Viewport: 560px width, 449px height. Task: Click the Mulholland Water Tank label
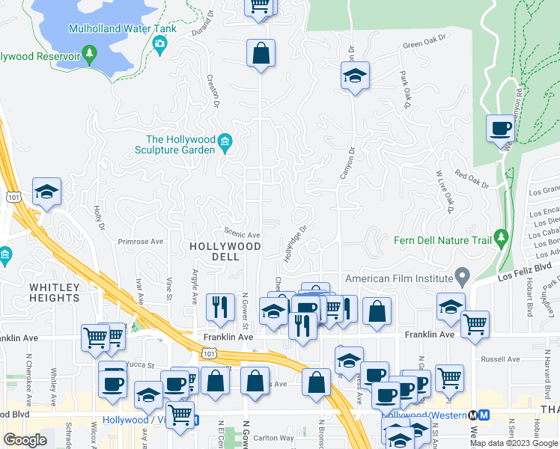coord(122,29)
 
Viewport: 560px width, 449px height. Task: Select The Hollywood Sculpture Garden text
coord(180,144)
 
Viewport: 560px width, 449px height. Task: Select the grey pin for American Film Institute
coord(463,278)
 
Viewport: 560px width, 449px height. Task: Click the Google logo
coord(25,440)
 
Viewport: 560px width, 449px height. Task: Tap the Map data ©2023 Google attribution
coord(514,443)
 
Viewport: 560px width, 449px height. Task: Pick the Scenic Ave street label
coord(243,234)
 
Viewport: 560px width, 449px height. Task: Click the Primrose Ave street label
coord(141,242)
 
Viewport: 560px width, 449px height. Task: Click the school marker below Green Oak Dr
coord(355,76)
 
